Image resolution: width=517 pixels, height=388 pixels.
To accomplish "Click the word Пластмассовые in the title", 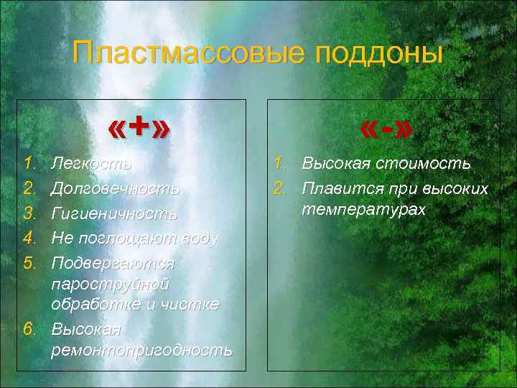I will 189,52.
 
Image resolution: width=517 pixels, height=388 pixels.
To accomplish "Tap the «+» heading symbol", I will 140,128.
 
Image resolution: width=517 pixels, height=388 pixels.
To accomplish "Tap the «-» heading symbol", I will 387,129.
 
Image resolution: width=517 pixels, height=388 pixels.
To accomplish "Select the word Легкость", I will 91,164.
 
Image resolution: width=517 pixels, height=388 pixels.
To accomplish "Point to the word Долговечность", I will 115,189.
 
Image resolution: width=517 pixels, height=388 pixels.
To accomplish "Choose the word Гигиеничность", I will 114,214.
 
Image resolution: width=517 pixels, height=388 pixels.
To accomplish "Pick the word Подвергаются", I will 112,263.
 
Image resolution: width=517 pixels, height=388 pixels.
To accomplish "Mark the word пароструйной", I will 110,284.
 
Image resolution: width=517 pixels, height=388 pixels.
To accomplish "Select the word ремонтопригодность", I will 141,350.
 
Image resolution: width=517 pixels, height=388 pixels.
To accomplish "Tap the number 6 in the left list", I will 29,329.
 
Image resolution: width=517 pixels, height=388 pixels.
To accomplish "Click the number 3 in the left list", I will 29,213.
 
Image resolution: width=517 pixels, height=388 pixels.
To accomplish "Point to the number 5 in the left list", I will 29,262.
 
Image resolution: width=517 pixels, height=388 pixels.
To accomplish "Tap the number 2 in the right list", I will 281,189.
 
